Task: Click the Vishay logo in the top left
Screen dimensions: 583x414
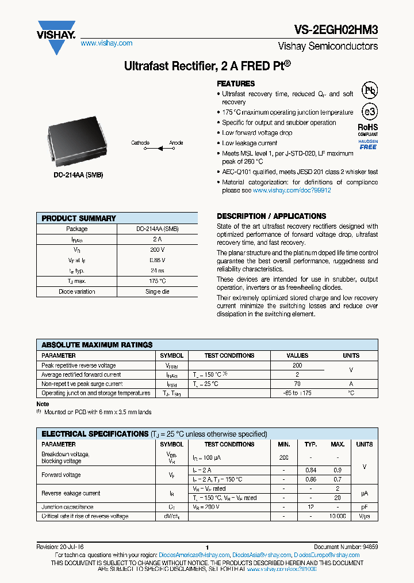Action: click(x=56, y=36)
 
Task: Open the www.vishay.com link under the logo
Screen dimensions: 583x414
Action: click(x=106, y=43)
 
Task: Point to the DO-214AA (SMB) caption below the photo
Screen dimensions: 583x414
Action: click(x=79, y=175)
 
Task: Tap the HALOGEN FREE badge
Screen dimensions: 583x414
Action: click(x=368, y=144)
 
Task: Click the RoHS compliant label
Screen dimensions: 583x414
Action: click(x=368, y=129)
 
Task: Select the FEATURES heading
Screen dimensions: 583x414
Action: click(x=236, y=84)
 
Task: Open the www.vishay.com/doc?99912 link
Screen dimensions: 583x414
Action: click(x=292, y=190)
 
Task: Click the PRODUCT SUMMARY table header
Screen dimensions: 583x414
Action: click(x=79, y=218)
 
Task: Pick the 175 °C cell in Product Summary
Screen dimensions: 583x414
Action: click(x=158, y=281)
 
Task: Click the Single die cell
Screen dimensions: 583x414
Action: click(x=158, y=291)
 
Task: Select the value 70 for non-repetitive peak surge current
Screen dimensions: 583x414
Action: click(x=297, y=384)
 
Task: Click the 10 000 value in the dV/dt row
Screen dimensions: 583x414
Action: click(x=338, y=516)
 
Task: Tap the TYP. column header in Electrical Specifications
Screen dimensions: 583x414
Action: click(x=311, y=444)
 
